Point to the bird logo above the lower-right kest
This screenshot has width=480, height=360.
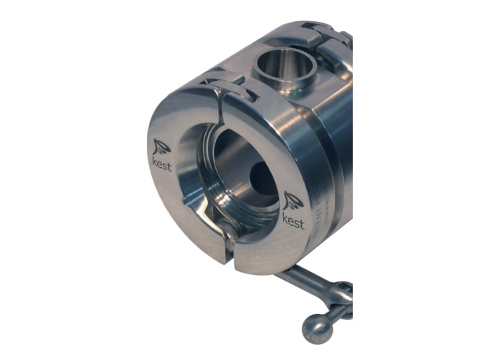(x=293, y=201)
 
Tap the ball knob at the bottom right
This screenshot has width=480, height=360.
(x=318, y=328)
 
